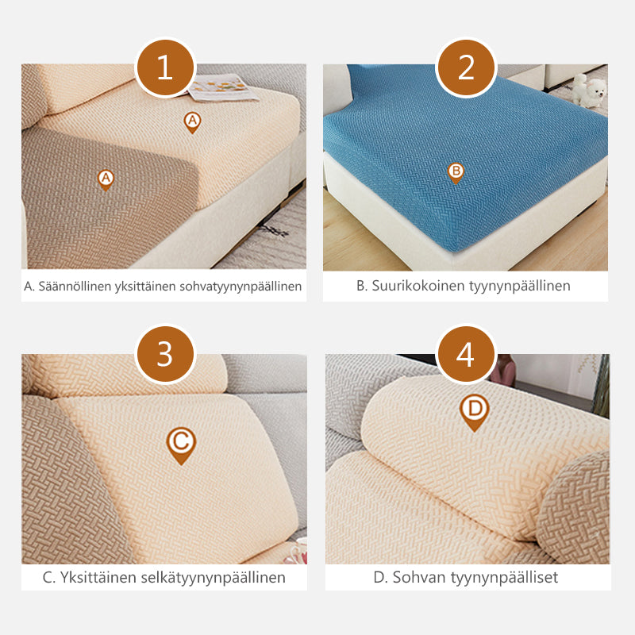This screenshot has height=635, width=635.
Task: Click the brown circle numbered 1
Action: (165, 68)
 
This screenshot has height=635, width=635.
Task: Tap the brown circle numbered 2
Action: (466, 68)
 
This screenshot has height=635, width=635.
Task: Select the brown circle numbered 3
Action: (165, 354)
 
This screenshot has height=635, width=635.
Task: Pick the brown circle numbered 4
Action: (466, 354)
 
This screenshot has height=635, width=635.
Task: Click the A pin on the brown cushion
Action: (106, 180)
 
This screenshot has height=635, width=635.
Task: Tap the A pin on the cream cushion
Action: (192, 122)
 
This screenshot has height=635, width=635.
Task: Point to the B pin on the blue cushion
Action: (456, 173)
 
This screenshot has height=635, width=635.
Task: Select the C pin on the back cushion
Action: (181, 445)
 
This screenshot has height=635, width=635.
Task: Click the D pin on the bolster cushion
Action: (474, 412)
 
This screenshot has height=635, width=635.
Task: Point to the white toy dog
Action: (588, 90)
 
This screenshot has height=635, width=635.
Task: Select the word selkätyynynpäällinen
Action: (213, 578)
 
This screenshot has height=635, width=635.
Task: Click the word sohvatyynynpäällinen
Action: (241, 287)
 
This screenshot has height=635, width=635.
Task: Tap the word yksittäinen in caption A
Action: (145, 287)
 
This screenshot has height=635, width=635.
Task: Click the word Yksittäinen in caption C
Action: (98, 578)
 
